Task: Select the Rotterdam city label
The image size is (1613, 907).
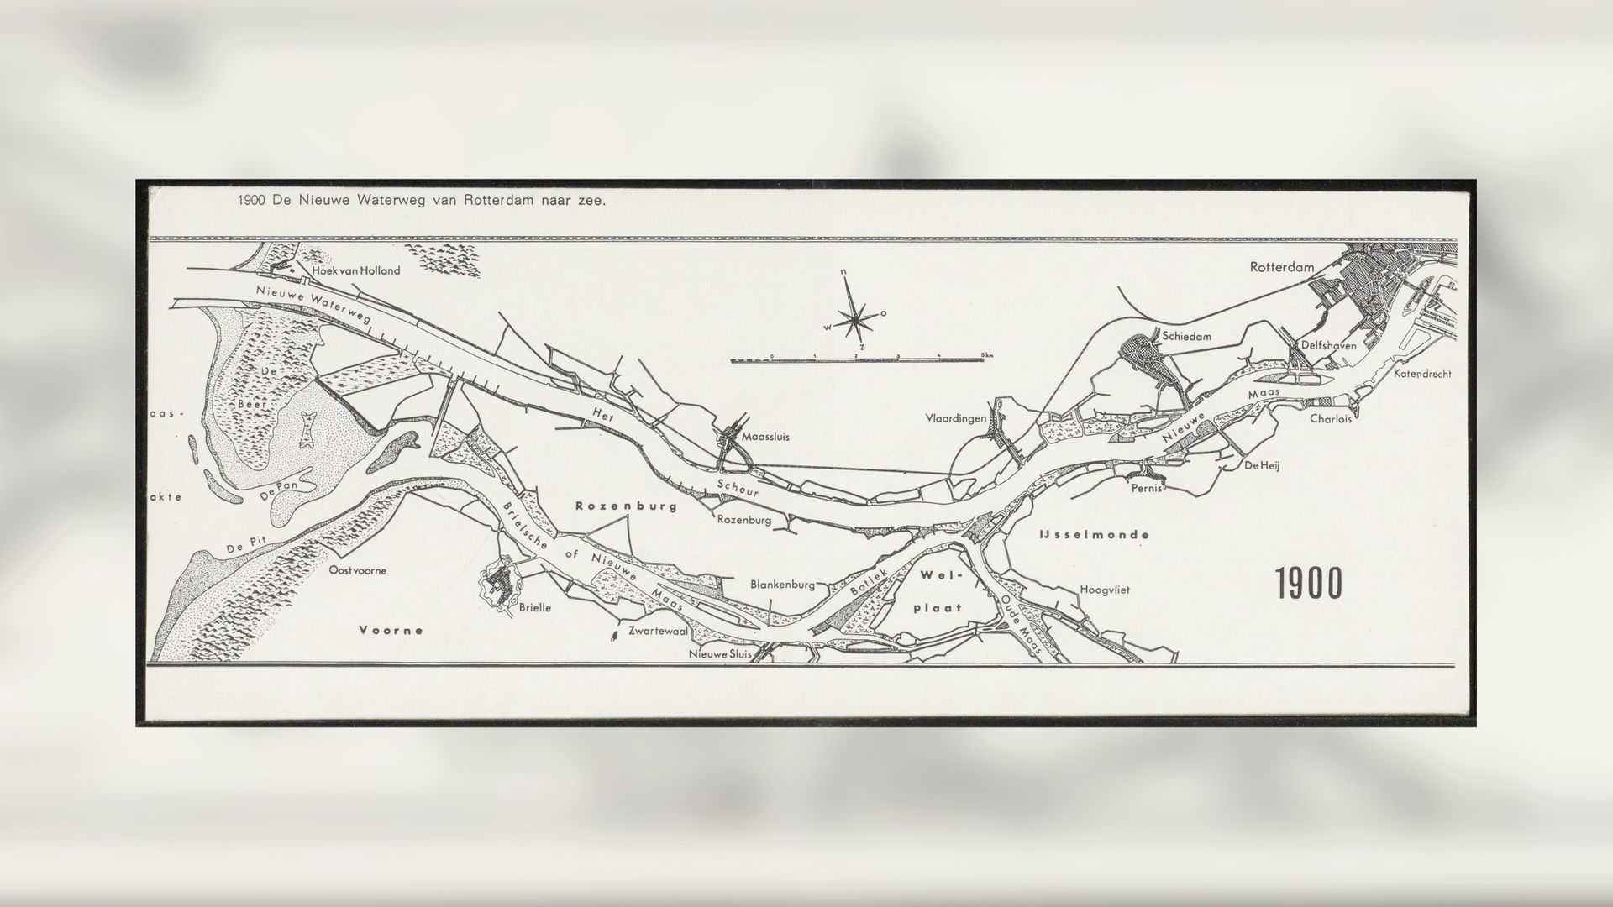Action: (1281, 268)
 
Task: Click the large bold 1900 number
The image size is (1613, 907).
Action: (1309, 585)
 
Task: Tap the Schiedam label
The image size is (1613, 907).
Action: (1187, 336)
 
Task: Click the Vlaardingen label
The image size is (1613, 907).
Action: (956, 418)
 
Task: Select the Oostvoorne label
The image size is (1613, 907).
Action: (358, 570)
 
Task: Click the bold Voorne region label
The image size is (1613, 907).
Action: (391, 630)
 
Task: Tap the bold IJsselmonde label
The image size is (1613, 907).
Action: (1093, 534)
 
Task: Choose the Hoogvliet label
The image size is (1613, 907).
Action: (1105, 590)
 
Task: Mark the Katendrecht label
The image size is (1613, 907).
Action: (1422, 374)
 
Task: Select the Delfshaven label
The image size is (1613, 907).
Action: (1328, 345)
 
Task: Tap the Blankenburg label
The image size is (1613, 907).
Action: (782, 585)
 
